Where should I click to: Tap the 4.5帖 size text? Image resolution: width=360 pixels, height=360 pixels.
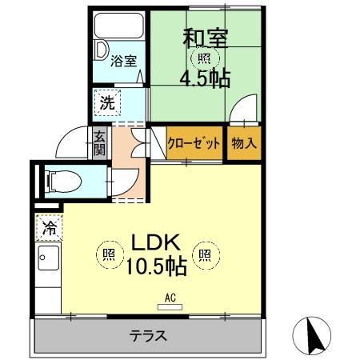pos(205,78)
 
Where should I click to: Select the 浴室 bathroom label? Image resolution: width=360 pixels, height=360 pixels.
pos(123,61)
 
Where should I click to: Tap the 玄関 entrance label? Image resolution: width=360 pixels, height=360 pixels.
pos(99,144)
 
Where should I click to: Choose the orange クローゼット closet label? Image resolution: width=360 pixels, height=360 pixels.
pos(194,143)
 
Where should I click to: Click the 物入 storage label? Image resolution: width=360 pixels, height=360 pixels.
pos(243,143)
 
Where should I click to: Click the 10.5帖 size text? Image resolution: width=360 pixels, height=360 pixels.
pos(156,266)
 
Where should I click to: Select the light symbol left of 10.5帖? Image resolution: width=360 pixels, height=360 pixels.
pos(108,255)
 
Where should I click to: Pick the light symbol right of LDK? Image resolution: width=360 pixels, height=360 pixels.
pos(205,255)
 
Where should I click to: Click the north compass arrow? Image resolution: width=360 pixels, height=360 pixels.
pos(314,334)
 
